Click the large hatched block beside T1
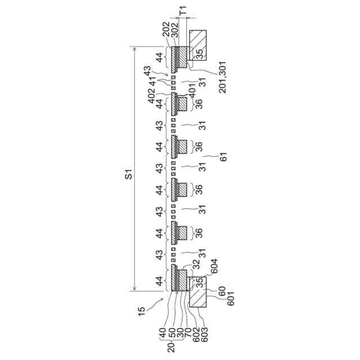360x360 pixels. [199, 45]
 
